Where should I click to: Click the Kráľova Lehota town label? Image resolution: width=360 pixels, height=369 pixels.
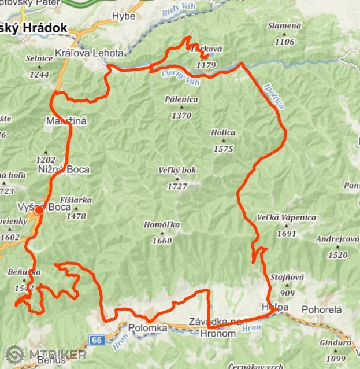tap(89, 53)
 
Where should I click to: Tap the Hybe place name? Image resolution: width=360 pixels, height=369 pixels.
tap(124, 16)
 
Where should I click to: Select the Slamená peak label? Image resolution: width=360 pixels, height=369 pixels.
tap(284, 26)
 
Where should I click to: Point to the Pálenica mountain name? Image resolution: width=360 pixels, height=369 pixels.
tap(181, 99)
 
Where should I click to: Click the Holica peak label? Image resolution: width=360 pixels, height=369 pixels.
tap(223, 132)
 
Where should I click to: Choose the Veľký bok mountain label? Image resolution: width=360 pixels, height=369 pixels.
tap(177, 171)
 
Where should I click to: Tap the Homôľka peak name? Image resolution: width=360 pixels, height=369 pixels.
tap(162, 225)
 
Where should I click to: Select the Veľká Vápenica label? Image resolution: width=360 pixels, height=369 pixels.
tap(287, 217)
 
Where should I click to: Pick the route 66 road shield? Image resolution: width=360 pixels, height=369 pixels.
tap(97, 340)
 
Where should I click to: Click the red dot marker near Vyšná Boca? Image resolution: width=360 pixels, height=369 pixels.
tap(39, 211)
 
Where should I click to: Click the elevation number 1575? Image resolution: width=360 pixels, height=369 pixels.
tap(223, 149)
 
